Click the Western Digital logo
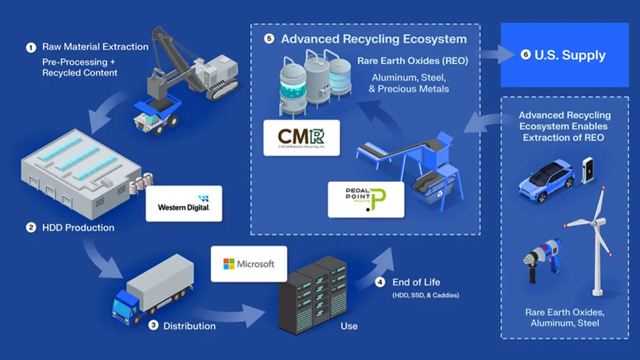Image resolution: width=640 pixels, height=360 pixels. [x=183, y=203]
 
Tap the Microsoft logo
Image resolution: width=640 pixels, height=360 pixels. [x=249, y=264]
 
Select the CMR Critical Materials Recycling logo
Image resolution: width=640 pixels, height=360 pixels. [x=302, y=138]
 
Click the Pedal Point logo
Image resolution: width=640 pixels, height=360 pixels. [x=366, y=200]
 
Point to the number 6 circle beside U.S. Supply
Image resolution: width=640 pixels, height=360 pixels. [x=526, y=55]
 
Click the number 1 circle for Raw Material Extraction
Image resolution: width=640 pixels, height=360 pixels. [x=30, y=47]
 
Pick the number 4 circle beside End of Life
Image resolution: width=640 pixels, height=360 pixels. [x=379, y=283]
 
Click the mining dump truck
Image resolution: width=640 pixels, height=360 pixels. [x=154, y=116]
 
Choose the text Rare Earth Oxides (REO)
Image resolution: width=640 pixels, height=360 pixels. [x=412, y=61]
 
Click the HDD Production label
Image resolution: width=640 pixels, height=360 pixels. [x=79, y=227]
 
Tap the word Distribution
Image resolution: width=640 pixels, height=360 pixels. [x=189, y=326]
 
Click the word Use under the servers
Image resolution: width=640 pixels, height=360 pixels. [x=348, y=326]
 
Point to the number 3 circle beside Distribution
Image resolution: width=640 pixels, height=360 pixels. [x=153, y=325]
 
